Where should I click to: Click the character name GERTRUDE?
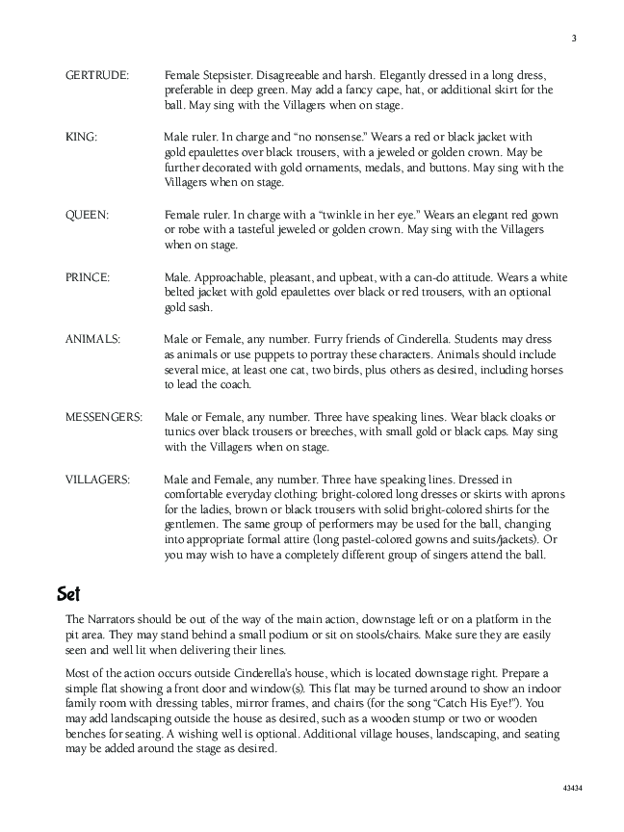pos(97,75)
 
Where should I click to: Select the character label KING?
pos(81,138)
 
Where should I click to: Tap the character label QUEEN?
pos(87,216)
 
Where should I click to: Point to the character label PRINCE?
pos(88,277)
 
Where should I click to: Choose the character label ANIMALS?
pos(92,340)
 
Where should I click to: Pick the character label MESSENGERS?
pos(104,417)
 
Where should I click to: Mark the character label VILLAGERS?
pos(97,480)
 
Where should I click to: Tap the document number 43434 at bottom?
pos(573,788)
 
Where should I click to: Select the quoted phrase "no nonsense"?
pos(308,138)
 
